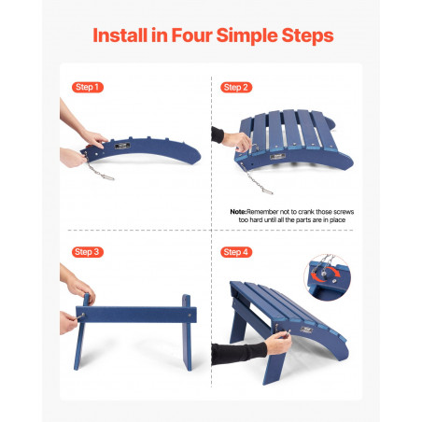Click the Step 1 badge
(88, 87)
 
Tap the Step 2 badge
(236, 88)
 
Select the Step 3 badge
(88, 252)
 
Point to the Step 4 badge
(236, 252)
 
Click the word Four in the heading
(191, 35)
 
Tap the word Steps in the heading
(307, 35)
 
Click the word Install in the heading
(120, 35)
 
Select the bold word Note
(238, 212)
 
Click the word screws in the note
(344, 212)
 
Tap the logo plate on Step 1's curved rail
(122, 146)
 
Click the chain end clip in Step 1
(107, 177)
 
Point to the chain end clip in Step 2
(267, 191)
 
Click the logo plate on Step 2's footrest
(278, 157)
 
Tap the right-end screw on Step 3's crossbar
(190, 315)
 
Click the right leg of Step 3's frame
(187, 332)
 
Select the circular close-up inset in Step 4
(327, 277)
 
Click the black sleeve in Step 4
(239, 353)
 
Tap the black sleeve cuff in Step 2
(218, 134)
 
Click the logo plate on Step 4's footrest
(306, 330)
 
